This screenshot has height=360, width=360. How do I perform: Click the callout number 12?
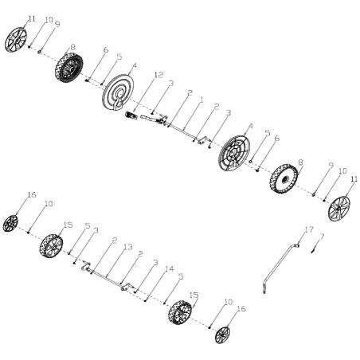click(x=158, y=75)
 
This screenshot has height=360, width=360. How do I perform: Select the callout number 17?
click(x=309, y=229)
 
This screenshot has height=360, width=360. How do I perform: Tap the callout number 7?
click(x=322, y=236)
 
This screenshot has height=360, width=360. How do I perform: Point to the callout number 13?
click(x=128, y=247)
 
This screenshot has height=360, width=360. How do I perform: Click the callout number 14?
click(x=169, y=269)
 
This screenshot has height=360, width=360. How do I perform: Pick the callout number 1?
click(x=202, y=100)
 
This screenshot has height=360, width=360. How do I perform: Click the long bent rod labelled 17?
click(x=280, y=267)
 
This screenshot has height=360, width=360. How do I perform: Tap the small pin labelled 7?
click(x=313, y=250)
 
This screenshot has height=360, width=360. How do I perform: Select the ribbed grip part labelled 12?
click(x=131, y=115)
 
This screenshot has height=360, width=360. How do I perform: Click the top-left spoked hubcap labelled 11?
click(x=16, y=40)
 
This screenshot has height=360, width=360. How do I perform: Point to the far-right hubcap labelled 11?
click(x=339, y=209)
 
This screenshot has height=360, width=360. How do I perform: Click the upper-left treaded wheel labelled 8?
click(x=68, y=68)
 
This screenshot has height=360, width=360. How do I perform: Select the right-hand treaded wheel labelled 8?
click(x=284, y=178)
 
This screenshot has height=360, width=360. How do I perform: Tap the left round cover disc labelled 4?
click(x=117, y=92)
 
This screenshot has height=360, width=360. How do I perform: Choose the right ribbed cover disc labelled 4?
click(x=234, y=153)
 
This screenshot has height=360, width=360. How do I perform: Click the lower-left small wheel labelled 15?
click(x=51, y=246)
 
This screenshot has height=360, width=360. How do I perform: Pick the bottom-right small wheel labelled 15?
click(x=180, y=312)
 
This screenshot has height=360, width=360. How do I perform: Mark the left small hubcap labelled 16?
click(x=10, y=223)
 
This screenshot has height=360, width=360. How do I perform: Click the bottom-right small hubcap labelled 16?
click(x=222, y=335)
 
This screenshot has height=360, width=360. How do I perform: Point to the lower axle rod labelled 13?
click(x=108, y=278)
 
